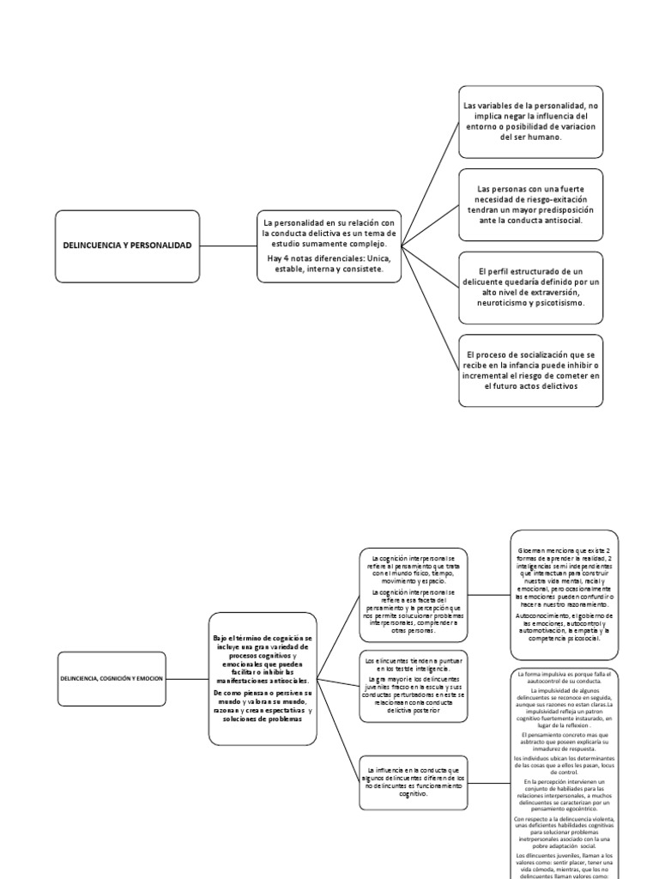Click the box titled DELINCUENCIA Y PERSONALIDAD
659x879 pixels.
127,246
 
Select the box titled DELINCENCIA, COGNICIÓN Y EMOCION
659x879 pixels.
111,678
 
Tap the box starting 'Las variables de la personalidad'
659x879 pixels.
529,121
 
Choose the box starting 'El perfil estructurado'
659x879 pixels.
529,287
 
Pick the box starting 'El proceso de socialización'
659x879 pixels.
529,370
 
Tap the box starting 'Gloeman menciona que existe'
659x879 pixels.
564,593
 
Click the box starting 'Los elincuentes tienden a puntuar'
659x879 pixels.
414,684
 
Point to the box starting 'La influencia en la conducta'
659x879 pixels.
414,783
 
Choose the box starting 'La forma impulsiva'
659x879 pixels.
564,773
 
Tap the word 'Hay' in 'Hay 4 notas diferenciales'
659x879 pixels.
275,258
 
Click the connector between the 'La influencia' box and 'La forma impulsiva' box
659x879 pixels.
490,783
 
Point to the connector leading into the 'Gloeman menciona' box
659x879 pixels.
490,592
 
